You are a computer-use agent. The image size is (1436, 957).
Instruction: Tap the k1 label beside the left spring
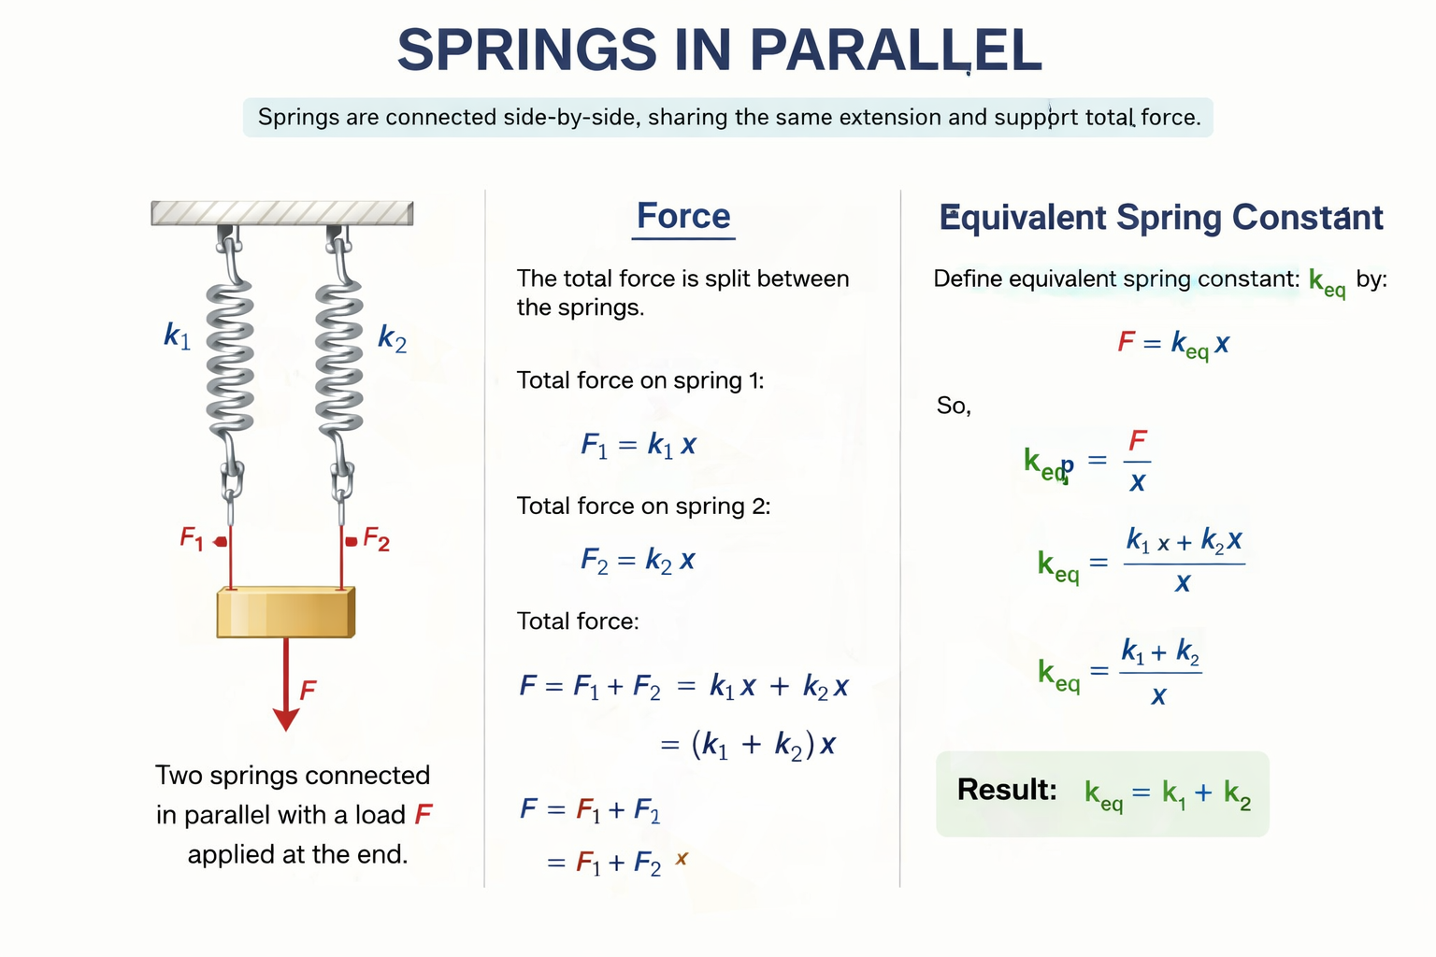pos(177,335)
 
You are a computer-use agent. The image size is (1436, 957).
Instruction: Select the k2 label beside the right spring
pos(392,338)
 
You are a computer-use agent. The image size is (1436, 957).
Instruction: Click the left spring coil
pos(230,355)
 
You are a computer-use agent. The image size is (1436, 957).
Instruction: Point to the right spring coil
pos(339,355)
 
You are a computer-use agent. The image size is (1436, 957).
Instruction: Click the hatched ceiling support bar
pos(281,213)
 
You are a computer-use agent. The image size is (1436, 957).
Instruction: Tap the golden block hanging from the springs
pos(285,613)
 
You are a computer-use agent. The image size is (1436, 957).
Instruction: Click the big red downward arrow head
pos(286,718)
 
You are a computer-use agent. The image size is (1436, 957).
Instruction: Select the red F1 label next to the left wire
pos(192,538)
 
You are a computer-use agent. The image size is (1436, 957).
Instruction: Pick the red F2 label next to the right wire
pos(376,539)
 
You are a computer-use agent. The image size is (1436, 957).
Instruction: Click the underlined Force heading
pos(683,216)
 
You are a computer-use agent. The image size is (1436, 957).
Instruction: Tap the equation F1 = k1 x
pos(639,445)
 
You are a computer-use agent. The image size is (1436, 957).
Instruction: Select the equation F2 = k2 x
pos(638,561)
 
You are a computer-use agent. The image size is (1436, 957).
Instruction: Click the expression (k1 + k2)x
pos(763,745)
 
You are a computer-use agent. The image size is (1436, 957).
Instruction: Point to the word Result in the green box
pos(1006,790)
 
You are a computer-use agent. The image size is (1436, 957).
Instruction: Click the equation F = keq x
pos(1173,344)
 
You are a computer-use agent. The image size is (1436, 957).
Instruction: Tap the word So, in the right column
pos(954,406)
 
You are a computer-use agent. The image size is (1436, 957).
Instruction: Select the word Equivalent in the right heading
pos(1023,218)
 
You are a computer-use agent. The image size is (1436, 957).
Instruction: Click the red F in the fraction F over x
pos(1138,440)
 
